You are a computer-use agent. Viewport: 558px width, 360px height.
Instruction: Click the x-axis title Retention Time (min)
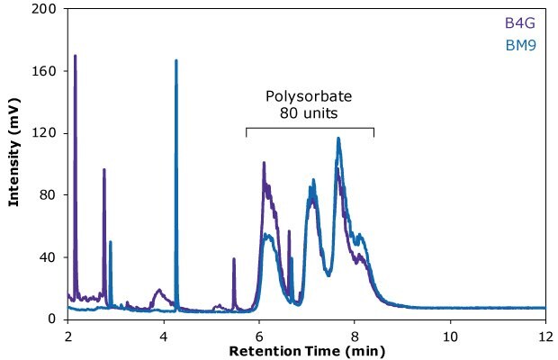click(x=306, y=349)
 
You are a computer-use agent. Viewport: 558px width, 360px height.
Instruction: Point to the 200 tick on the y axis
click(x=43, y=9)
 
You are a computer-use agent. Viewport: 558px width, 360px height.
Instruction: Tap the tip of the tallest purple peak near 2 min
click(x=75, y=56)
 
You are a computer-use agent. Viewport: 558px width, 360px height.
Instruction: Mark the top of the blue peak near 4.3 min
click(x=176, y=61)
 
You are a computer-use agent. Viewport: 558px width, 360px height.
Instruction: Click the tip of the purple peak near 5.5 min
click(x=234, y=259)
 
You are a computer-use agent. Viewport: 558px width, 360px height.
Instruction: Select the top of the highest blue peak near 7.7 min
click(x=338, y=139)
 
